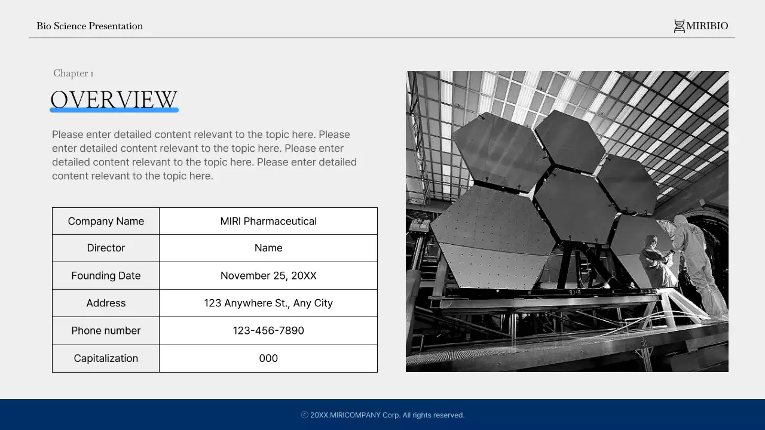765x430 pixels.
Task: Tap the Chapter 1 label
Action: [x=73, y=73]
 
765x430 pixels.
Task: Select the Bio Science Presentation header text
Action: [x=90, y=26]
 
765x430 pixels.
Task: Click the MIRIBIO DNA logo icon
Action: [x=679, y=26]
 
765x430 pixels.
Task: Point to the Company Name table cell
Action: [x=106, y=221]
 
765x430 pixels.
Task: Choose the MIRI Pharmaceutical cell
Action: [x=268, y=221]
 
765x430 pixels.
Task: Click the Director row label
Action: [x=106, y=248]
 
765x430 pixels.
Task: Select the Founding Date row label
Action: [x=106, y=275]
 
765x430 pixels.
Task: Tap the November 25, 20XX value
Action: [x=268, y=275]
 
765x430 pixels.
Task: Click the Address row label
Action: [x=106, y=303]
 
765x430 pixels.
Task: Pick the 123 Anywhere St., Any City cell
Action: [x=268, y=303]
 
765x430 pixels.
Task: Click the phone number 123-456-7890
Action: [x=268, y=330]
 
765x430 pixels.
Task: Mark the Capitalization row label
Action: [x=106, y=358]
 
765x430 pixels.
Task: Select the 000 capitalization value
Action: [x=268, y=358]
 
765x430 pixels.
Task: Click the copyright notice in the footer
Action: [x=382, y=415]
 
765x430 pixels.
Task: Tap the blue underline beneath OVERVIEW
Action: [x=114, y=110]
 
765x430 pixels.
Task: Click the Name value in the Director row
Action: [x=268, y=248]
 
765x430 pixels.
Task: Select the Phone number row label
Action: [x=106, y=330]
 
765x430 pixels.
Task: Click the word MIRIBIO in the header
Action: [x=707, y=26]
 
